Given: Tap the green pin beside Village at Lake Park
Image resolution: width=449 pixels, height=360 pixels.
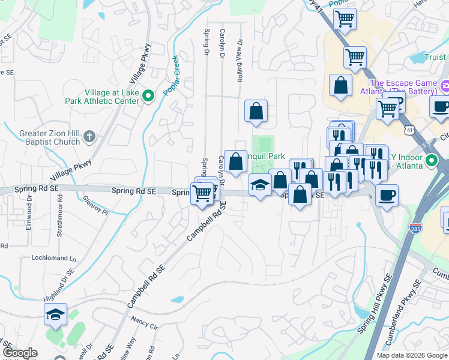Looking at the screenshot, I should tap(149, 94).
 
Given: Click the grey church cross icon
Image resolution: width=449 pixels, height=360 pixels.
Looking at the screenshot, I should tap(89, 136).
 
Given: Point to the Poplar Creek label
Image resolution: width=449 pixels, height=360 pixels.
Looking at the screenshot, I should tap(174, 74).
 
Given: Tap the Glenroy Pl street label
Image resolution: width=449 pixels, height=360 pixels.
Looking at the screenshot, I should tap(96, 208).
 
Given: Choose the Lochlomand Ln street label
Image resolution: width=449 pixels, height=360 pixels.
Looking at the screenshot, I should tap(55, 258).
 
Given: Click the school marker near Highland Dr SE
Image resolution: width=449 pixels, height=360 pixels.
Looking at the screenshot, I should tap(55, 314).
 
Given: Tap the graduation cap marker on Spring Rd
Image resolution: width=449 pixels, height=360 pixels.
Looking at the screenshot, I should tap(259, 185).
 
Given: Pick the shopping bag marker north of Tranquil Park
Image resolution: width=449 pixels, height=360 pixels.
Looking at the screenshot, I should tap(256, 110).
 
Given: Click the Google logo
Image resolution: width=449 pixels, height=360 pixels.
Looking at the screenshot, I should tap(20, 353).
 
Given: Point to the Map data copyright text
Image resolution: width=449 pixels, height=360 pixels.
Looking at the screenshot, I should tap(412, 355).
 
